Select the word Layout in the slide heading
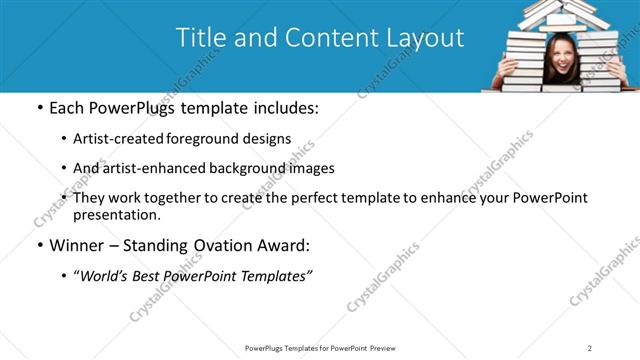(x=426, y=38)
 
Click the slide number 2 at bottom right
(x=590, y=348)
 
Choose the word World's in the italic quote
(x=108, y=275)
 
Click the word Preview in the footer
(x=388, y=348)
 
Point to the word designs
(x=269, y=139)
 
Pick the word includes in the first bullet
(x=283, y=107)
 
